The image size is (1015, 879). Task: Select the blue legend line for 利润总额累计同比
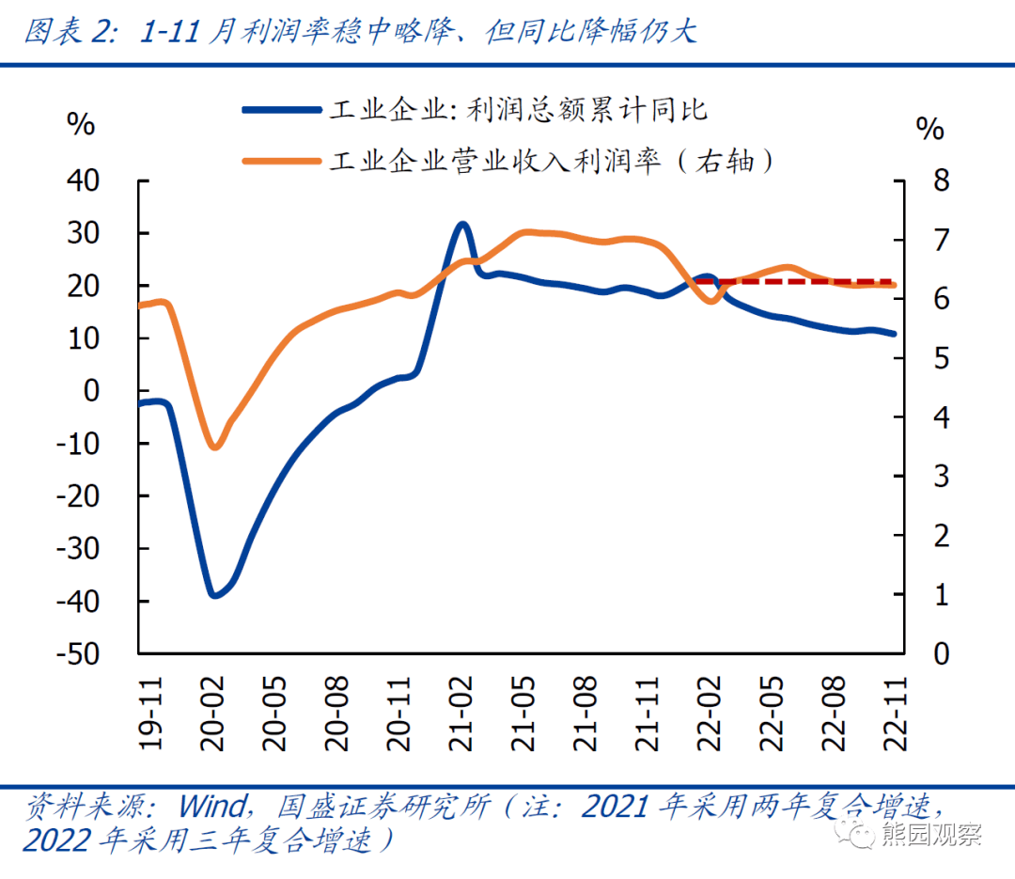[x=281, y=110]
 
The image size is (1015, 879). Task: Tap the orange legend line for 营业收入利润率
[x=281, y=161]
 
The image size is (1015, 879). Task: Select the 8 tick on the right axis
[x=929, y=181]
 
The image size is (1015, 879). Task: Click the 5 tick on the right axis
[x=929, y=358]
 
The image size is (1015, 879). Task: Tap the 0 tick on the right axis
[x=929, y=654]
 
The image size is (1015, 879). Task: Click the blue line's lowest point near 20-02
[x=215, y=595]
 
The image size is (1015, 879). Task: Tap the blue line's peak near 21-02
[x=461, y=224]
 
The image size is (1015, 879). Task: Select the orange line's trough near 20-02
[x=215, y=447]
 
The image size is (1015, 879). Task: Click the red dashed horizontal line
[x=799, y=281]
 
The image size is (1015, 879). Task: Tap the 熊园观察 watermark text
[x=930, y=833]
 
